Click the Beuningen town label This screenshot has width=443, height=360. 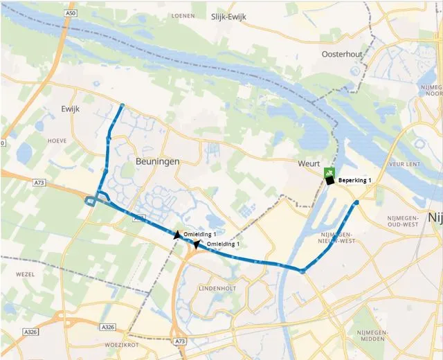[154, 161]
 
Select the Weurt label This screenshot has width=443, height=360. [309, 163]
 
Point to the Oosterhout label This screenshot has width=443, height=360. [343, 54]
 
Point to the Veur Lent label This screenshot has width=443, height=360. [405, 165]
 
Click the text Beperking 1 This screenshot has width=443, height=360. [355, 181]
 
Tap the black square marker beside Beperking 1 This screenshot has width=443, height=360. [330, 181]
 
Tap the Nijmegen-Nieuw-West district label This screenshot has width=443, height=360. [344, 237]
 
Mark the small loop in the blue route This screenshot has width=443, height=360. [91, 201]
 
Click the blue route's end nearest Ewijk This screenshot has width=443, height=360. [122, 106]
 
